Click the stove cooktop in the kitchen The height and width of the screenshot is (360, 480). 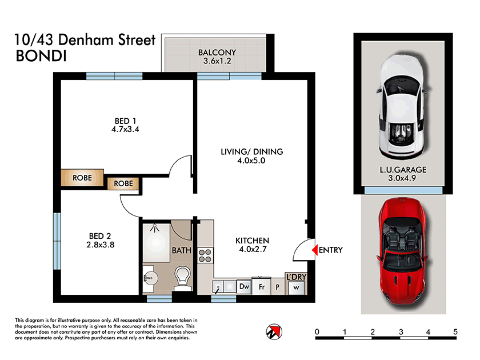tap(205, 255)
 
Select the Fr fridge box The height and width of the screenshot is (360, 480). tap(262, 286)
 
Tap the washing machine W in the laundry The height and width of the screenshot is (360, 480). tap(296, 287)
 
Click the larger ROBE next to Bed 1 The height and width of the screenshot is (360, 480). tap(82, 178)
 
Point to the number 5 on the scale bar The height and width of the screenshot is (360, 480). tap(455, 332)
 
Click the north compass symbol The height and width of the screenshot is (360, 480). tap(274, 331)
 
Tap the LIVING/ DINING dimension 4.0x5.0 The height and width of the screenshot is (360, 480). tap(252, 161)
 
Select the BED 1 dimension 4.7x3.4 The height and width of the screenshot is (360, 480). tap(126, 129)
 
